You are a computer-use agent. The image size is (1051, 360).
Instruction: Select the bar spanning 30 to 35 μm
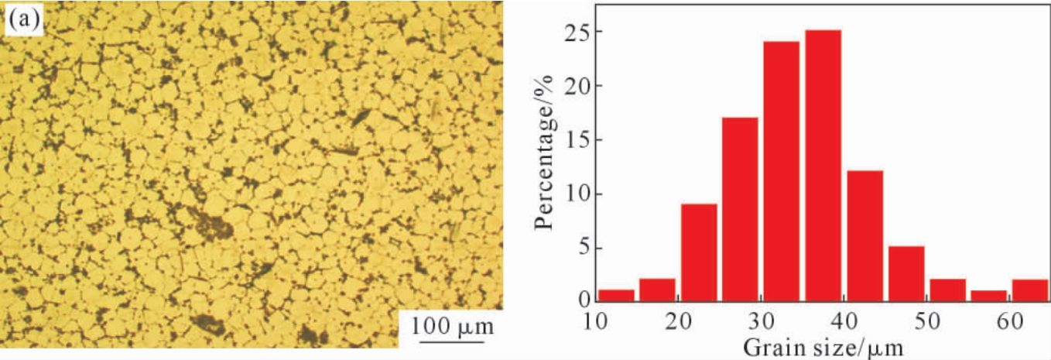coord(781,171)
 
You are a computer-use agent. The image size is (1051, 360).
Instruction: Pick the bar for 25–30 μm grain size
coord(740,209)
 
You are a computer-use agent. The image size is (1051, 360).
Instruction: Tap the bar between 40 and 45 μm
coord(864,235)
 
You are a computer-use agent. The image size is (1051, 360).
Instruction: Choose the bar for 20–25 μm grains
coord(699,252)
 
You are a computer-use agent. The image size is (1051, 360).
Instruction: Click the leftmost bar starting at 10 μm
coord(616,295)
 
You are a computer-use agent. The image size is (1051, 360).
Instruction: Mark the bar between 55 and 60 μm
coord(989,296)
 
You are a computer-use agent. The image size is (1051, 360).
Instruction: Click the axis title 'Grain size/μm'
coord(823,346)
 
